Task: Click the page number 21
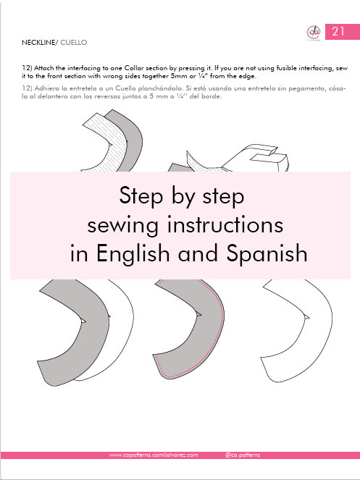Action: tap(338, 32)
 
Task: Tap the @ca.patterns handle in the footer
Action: tap(242, 455)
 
